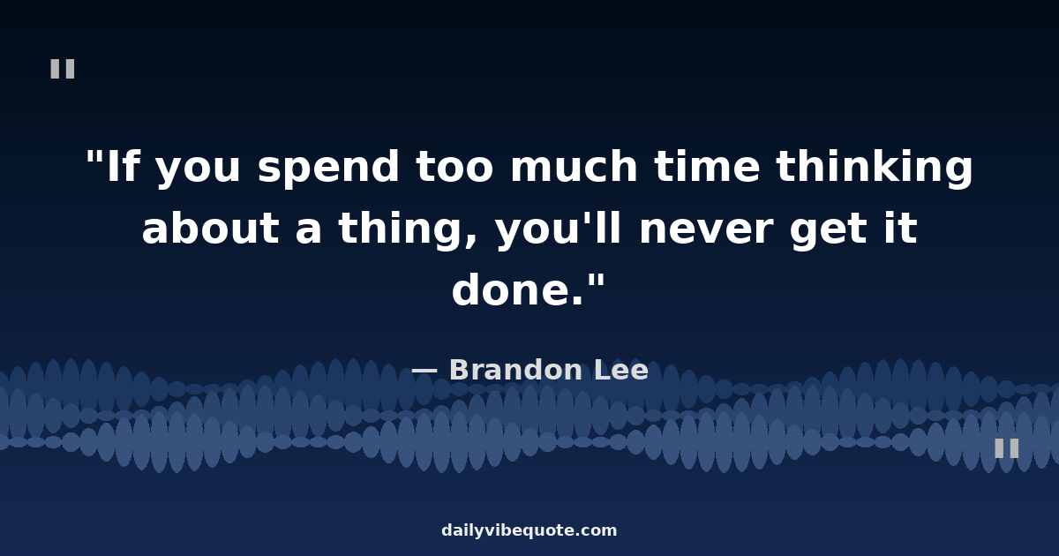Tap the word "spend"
tap(328, 169)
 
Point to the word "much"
tap(575, 166)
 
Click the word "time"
tap(707, 166)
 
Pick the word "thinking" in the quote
tap(875, 169)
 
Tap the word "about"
tap(211, 227)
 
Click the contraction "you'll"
tap(558, 230)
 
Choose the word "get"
tap(829, 230)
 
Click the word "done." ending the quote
tap(518, 289)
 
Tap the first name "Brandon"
tap(514, 369)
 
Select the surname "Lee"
tap(621, 369)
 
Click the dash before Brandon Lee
tap(424, 372)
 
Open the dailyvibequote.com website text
tap(529, 530)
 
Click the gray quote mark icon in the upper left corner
tap(63, 69)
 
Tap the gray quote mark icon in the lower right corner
tap(1007, 448)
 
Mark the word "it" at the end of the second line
tap(901, 227)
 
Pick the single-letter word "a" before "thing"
tap(309, 231)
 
